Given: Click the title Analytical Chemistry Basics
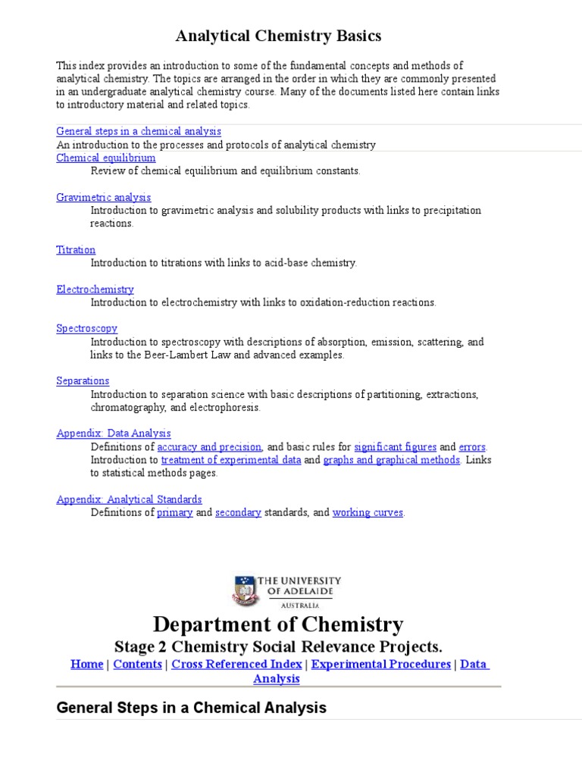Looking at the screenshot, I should click(278, 36).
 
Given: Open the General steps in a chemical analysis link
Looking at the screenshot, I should click(139, 131).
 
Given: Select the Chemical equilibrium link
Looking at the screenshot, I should click(106, 158).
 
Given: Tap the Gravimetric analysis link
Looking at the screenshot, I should click(104, 197).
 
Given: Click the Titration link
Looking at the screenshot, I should click(76, 249).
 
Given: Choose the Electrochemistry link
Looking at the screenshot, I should click(95, 289).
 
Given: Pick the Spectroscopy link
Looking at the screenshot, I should click(87, 328).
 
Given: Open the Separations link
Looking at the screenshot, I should click(83, 380).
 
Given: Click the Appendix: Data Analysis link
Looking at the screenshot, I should click(114, 433).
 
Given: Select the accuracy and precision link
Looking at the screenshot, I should click(209, 447).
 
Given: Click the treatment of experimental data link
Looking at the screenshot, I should click(231, 460).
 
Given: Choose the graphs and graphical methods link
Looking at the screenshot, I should click(392, 460).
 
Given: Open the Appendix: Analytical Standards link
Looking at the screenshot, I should click(129, 499).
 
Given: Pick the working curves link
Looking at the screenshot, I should click(368, 512).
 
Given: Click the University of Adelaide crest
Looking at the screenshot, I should click(244, 590).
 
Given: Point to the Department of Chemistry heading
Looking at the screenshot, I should click(278, 624).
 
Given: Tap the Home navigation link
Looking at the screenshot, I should click(86, 664).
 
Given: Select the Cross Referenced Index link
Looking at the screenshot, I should click(238, 664).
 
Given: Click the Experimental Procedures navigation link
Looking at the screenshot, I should click(381, 664).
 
